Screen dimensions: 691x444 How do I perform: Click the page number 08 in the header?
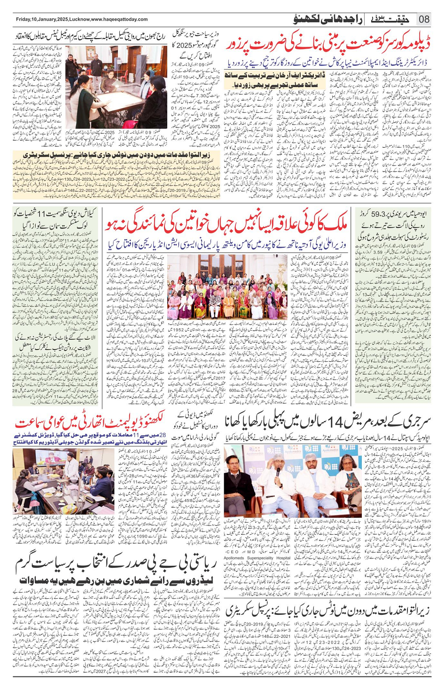[x=424, y=19]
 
